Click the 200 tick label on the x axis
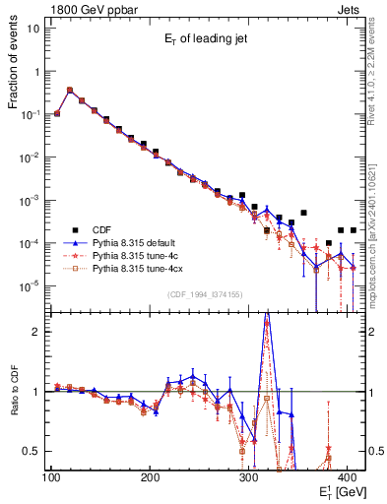pyautogui.click(x=150, y=477)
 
